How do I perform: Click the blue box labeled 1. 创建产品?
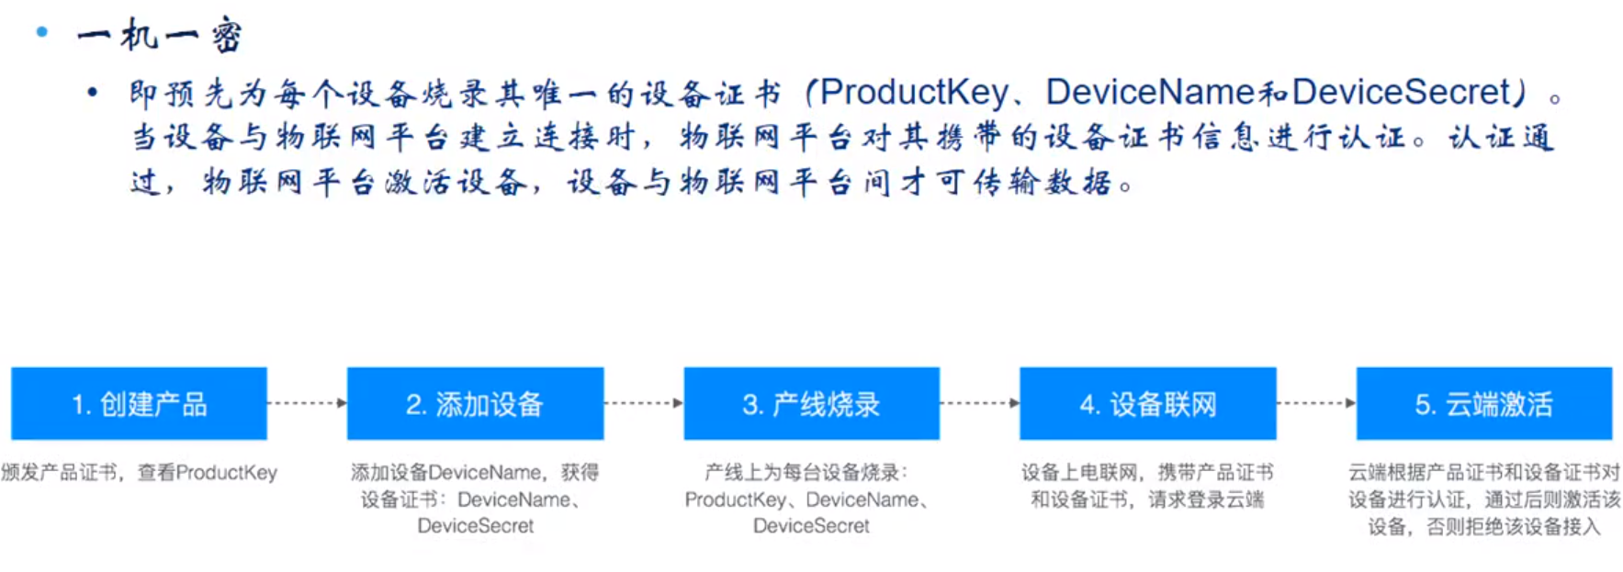point(139,404)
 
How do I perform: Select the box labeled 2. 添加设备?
point(475,404)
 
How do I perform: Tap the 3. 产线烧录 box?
point(811,404)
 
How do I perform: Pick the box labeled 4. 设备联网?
point(1147,404)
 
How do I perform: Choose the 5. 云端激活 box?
point(1483,404)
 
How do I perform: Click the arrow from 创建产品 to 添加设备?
point(307,403)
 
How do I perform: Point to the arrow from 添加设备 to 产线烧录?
point(643,403)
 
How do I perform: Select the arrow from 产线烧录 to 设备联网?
point(979,403)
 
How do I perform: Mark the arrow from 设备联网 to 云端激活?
point(1315,403)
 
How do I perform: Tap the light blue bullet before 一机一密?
point(41,32)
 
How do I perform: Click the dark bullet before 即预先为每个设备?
point(92,92)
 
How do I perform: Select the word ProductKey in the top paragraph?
point(914,92)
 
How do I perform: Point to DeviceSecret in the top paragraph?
point(1400,92)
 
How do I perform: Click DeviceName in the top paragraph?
point(1150,92)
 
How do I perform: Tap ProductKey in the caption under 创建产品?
point(226,473)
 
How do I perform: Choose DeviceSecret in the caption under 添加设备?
point(475,526)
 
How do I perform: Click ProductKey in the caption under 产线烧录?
point(735,499)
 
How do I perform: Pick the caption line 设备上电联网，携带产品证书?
point(1147,473)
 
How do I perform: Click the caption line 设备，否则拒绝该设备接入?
point(1483,527)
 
